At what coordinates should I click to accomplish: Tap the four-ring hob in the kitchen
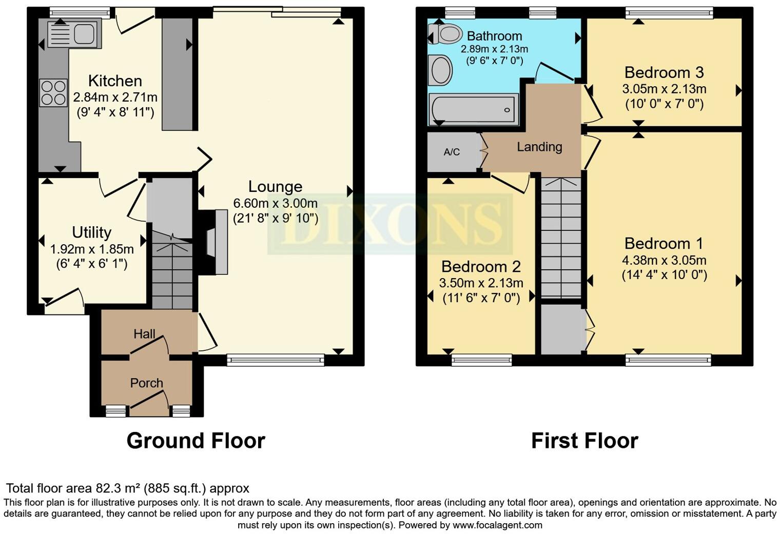tap(53, 93)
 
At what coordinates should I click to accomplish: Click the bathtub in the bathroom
tap(473, 109)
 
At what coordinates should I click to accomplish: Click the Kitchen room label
tap(115, 81)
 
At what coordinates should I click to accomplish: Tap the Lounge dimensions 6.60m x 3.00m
tap(275, 203)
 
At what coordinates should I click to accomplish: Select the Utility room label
tap(91, 232)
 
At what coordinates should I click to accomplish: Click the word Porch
tap(146, 383)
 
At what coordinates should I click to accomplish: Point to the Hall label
tap(144, 334)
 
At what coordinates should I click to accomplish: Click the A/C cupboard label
tap(452, 152)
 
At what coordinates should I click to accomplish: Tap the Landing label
tap(539, 147)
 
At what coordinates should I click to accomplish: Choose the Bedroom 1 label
tap(664, 243)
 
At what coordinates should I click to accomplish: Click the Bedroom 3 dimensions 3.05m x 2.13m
tap(664, 89)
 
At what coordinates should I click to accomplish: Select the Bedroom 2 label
tap(481, 267)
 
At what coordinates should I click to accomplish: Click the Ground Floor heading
tap(196, 441)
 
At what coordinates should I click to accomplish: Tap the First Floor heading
tap(584, 441)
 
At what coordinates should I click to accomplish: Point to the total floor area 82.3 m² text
tap(127, 488)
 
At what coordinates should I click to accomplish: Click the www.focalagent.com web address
tap(497, 525)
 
